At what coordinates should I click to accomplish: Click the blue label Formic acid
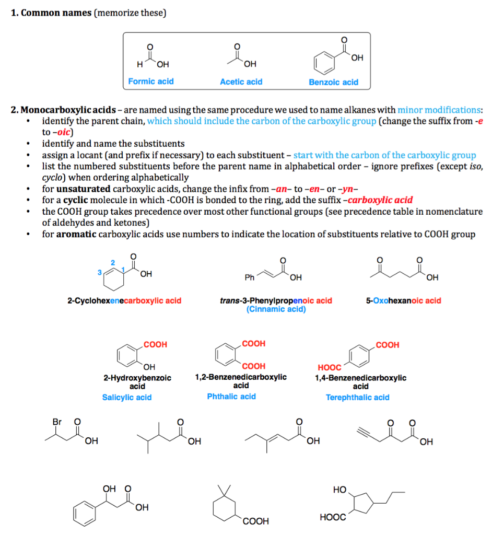tap(151, 82)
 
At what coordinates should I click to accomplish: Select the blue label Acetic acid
tap(241, 82)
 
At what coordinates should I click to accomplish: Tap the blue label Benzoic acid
tap(333, 82)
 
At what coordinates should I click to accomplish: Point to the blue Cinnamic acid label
tap(276, 309)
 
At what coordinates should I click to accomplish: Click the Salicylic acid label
tap(127, 398)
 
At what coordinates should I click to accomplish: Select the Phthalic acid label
tap(231, 397)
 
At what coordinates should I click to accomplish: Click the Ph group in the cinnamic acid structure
tap(250, 277)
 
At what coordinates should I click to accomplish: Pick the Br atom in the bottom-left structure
tap(57, 421)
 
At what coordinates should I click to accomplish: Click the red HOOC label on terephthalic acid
tap(329, 368)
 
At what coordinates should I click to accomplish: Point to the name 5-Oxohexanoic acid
tap(403, 300)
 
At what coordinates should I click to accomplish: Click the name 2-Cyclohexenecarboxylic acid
tap(124, 300)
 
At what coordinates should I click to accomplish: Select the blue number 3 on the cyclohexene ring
tap(99, 272)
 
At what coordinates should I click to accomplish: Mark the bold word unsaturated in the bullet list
tap(84, 189)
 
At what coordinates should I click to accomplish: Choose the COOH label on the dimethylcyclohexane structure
tap(256, 521)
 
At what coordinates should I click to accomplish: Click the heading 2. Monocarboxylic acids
tap(63, 110)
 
